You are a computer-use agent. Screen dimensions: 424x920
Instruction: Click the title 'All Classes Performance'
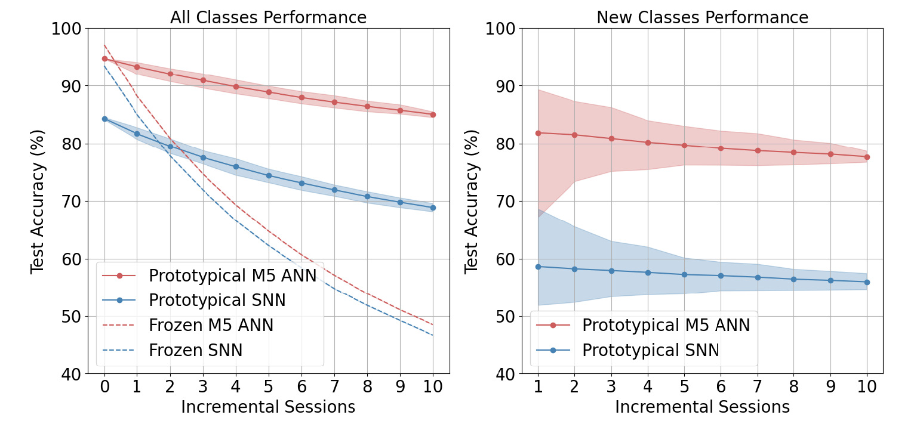point(268,18)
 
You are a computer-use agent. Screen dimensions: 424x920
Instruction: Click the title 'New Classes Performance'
point(702,18)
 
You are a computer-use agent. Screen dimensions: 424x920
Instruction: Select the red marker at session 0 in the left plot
point(104,58)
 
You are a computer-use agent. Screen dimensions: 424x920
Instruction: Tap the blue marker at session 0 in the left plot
point(104,119)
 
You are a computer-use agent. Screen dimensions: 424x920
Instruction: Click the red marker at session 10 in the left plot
point(433,114)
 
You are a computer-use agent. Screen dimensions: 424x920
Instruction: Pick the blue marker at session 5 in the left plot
point(269,175)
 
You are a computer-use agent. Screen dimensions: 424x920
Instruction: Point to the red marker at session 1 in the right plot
point(538,133)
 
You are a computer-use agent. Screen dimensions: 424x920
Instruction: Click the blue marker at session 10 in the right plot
point(867,282)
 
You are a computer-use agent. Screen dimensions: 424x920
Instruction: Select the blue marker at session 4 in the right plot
point(648,273)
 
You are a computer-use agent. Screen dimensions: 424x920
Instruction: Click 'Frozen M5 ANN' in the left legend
point(211,326)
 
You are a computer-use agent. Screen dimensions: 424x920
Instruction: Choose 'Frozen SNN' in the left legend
point(195,351)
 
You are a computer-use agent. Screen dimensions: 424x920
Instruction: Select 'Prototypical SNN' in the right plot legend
point(651,351)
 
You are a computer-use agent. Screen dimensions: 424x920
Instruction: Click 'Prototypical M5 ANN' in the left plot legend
point(232,276)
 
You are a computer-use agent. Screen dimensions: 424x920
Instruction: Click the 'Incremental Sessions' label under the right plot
point(702,407)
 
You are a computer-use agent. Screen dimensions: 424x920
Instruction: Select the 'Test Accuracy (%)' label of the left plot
point(38,201)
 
